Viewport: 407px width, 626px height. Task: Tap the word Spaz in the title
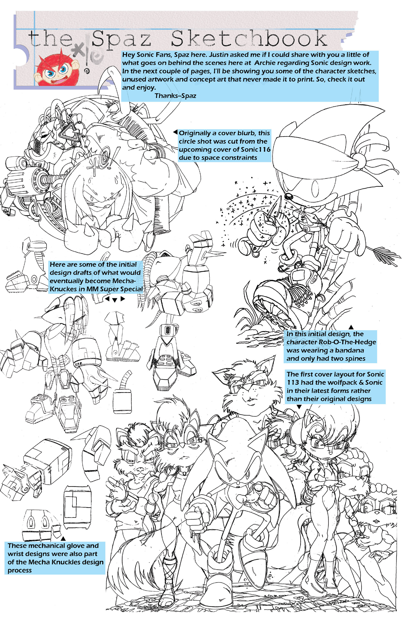121,40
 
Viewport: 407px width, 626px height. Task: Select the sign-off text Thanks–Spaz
175,95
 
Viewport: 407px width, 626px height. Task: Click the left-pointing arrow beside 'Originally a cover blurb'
175,132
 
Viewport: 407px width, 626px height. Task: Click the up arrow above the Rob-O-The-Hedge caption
351,327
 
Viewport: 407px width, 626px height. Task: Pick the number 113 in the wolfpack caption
293,382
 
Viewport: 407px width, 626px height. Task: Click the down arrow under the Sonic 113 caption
299,407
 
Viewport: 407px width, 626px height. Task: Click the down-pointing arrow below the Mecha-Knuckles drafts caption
115,300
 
